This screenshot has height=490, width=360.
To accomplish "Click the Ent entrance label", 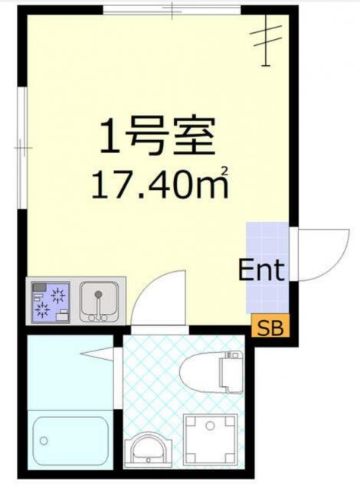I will (261, 270).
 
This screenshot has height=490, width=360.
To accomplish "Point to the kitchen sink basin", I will (97, 300).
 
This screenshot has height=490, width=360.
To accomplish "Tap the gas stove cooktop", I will (50, 302).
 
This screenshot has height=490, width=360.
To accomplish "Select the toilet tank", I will (232, 373).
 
